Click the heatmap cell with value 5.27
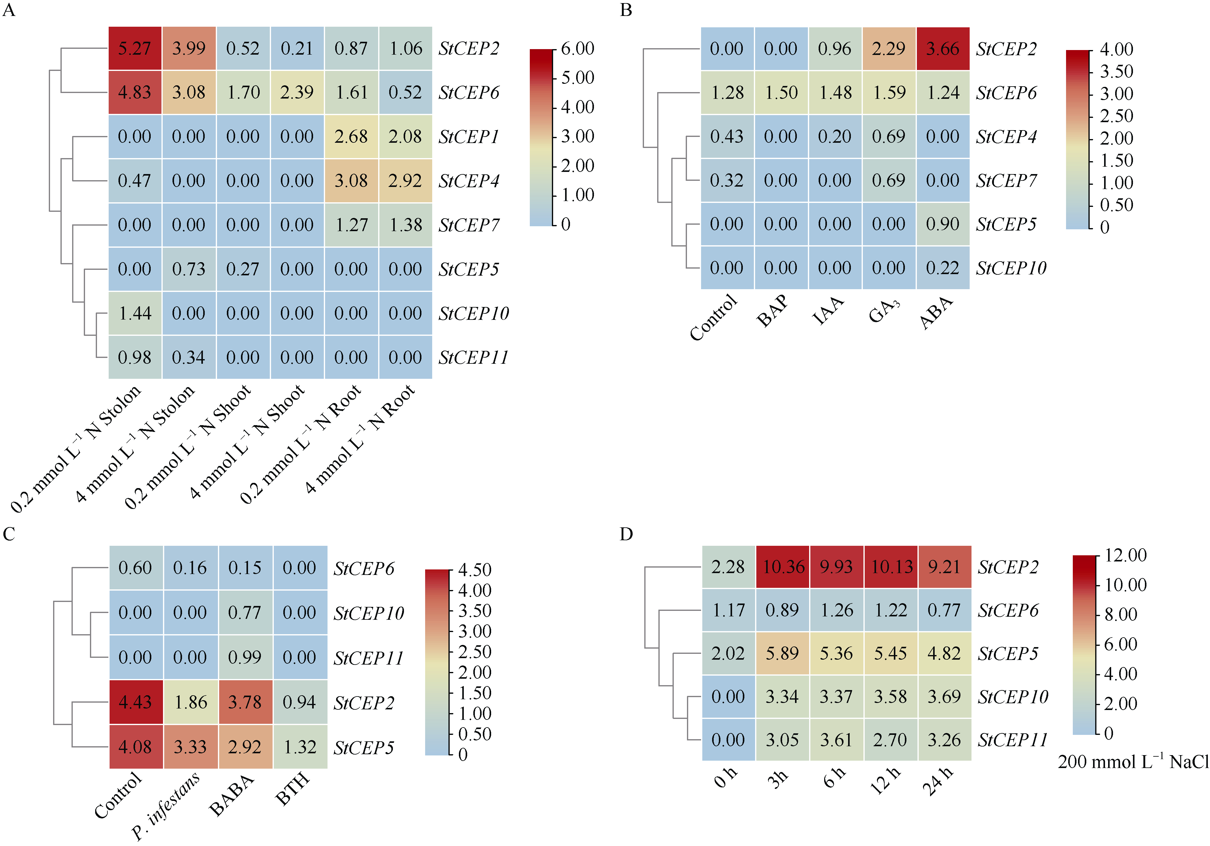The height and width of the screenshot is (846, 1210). coord(135,49)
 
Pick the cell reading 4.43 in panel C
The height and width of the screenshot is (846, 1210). coord(135,702)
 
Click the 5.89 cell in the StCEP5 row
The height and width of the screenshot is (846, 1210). coord(783,654)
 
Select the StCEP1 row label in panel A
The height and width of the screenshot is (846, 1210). coord(468,137)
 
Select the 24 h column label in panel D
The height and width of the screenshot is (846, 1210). coord(938,780)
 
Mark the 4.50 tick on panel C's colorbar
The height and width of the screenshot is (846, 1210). coord(474,570)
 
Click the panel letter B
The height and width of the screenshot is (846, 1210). coord(626,10)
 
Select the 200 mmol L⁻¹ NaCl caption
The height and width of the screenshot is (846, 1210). coord(1133,762)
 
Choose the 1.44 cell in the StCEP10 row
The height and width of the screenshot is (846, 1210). coord(135,314)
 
